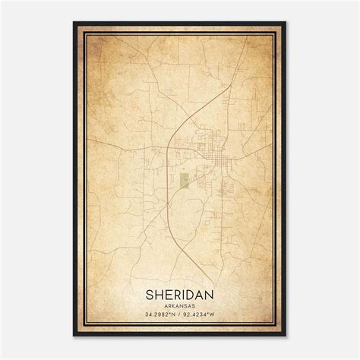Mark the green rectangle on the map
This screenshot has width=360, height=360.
[183, 180]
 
